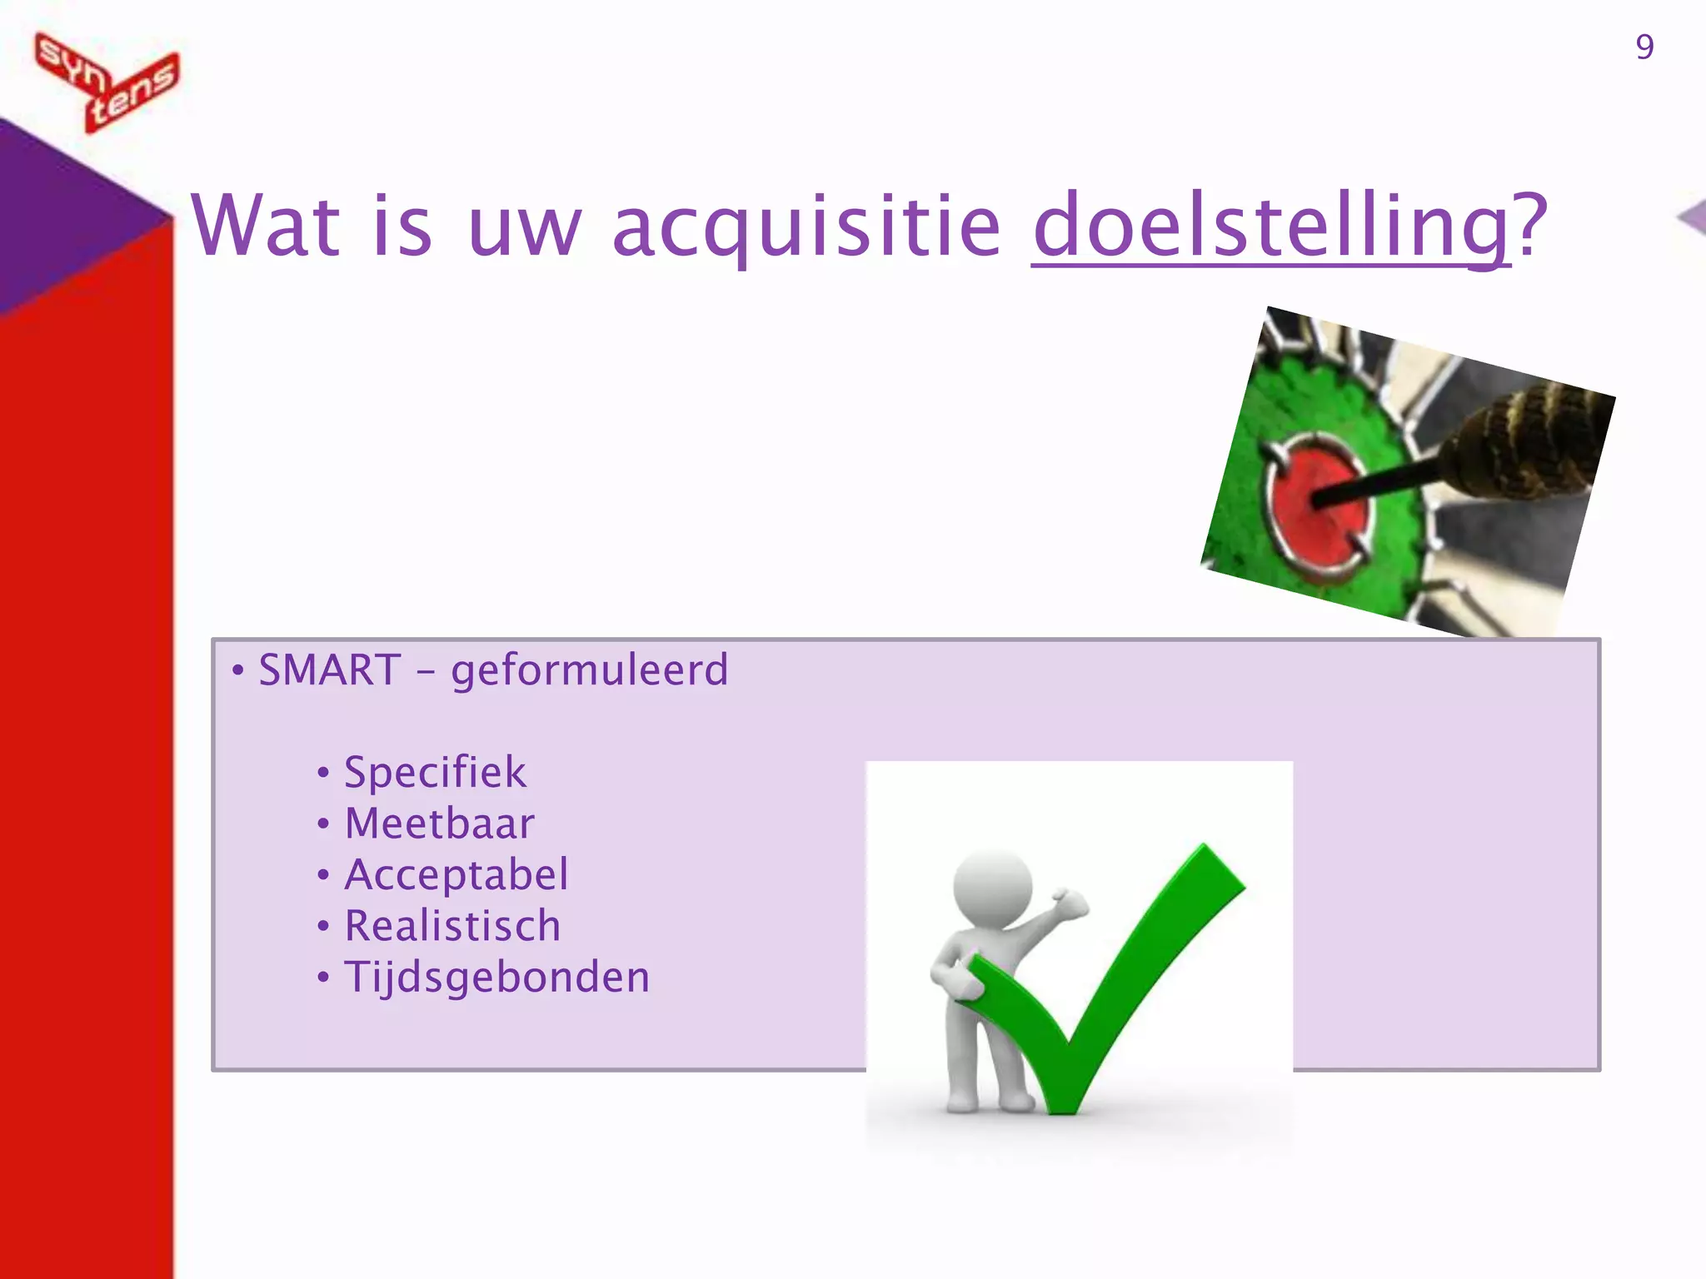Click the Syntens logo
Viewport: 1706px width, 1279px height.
point(107,82)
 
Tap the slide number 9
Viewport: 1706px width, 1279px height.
point(1644,47)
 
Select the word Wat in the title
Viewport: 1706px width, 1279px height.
point(266,226)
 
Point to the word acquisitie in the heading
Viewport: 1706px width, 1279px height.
point(806,226)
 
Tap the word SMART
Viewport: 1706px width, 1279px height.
point(330,670)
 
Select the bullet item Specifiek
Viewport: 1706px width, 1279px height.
point(435,772)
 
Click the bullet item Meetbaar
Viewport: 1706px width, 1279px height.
point(439,824)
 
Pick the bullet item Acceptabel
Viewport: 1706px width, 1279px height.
point(456,874)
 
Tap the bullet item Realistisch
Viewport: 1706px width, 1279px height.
point(452,926)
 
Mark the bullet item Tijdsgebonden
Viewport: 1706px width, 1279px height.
point(496,978)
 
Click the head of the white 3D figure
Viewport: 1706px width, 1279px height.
point(992,888)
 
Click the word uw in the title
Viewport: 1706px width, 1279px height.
point(524,226)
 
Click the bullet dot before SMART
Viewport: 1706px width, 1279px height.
point(238,671)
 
